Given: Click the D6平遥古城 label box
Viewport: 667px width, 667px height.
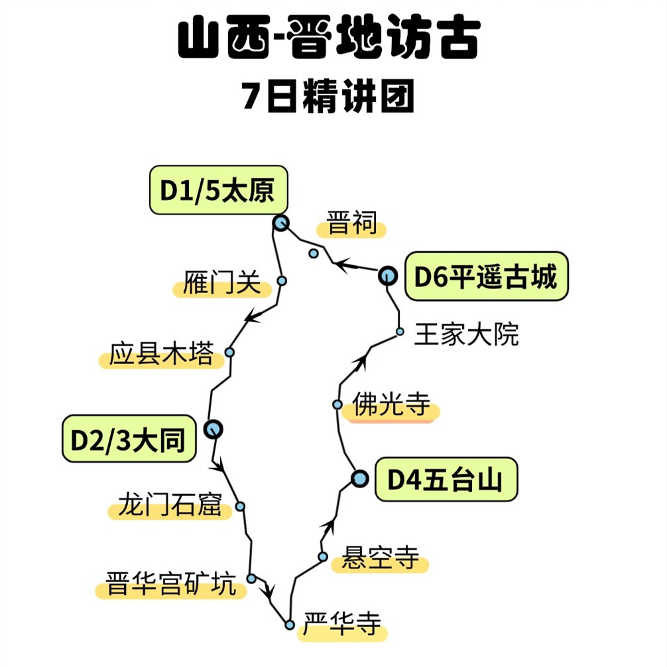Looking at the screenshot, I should tap(486, 276).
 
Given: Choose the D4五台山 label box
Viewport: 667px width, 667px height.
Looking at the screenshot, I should tap(446, 479).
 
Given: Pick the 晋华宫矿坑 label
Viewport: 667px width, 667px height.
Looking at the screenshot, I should tap(171, 585).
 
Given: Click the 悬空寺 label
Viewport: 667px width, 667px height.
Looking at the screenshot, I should tap(380, 558).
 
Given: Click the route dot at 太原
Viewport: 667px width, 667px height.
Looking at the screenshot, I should tap(281, 223).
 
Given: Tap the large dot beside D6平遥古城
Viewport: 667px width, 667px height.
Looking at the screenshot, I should tap(387, 275).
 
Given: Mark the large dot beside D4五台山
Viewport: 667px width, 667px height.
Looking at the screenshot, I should tap(359, 478).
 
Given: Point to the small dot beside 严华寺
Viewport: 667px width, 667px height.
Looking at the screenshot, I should tap(290, 625).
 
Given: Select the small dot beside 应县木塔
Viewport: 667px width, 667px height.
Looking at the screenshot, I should tap(229, 352).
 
